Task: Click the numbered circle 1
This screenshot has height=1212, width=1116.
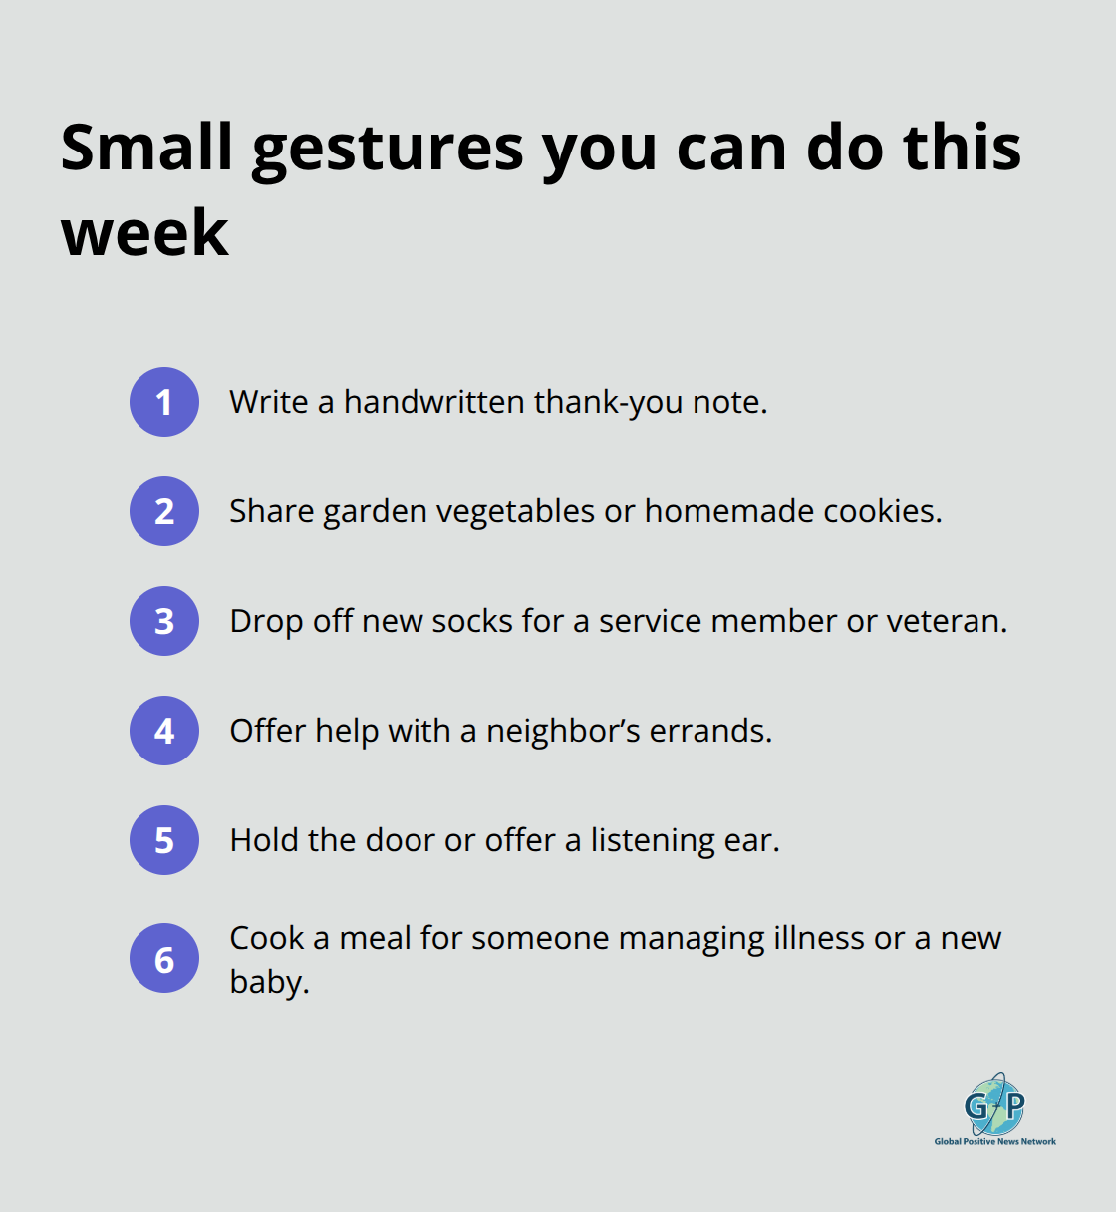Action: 164,402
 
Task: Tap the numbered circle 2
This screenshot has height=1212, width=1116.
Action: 164,511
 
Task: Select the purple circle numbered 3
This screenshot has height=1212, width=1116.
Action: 164,621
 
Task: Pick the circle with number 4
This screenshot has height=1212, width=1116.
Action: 164,731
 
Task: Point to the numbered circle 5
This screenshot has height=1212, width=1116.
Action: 164,840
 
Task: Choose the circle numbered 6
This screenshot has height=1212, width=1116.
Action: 164,959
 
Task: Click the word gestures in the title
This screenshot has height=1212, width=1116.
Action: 388,150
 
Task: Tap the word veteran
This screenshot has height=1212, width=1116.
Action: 946,621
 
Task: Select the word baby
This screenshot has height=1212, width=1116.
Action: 268,982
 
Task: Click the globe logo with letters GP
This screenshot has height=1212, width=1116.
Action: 994,1104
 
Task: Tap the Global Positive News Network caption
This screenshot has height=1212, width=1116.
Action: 994,1142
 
